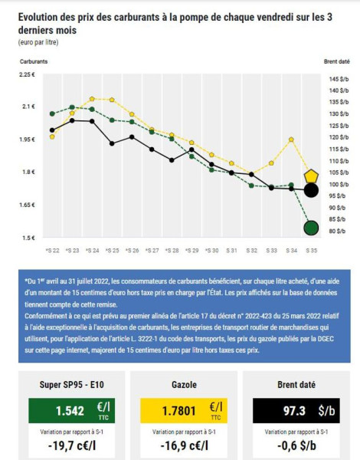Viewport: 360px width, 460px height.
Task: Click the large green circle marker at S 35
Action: point(311,228)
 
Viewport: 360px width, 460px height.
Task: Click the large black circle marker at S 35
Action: point(311,190)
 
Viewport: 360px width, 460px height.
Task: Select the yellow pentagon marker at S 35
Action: point(311,177)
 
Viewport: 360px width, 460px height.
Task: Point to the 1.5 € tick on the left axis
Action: point(27,238)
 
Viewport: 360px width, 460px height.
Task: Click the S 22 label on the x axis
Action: point(52,251)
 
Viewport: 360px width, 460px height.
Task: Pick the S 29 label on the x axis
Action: point(191,251)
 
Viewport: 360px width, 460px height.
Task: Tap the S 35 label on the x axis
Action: point(311,251)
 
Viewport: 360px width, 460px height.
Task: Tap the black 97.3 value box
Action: point(293,410)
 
